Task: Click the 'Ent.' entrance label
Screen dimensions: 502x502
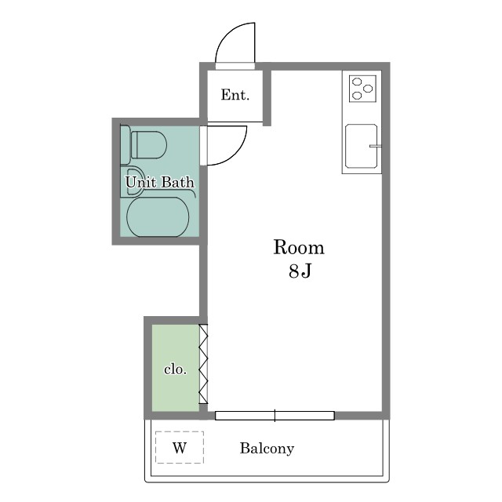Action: click(x=235, y=95)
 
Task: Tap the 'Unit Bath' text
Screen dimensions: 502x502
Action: click(x=160, y=182)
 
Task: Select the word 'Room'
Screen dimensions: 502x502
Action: click(x=299, y=248)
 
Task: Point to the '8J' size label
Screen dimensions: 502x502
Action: click(x=300, y=271)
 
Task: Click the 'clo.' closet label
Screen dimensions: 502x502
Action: click(x=175, y=369)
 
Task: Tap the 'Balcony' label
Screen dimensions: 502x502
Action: click(x=267, y=448)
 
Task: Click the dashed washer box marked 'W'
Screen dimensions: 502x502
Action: click(x=180, y=447)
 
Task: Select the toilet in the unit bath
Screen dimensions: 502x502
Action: click(x=144, y=144)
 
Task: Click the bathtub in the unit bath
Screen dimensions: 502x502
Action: click(x=158, y=216)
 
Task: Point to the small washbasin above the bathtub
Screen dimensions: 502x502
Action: click(x=132, y=181)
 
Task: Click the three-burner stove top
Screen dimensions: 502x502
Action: click(x=362, y=89)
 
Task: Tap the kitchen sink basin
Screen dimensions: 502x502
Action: click(x=361, y=146)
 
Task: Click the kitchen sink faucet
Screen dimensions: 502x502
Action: click(x=376, y=147)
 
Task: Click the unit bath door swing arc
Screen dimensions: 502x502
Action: click(x=237, y=154)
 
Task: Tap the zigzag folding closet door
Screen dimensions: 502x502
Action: click(x=204, y=364)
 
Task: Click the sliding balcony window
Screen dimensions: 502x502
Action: click(x=275, y=416)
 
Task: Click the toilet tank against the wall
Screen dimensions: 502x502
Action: click(x=125, y=144)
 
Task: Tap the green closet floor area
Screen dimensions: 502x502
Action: click(x=176, y=368)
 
